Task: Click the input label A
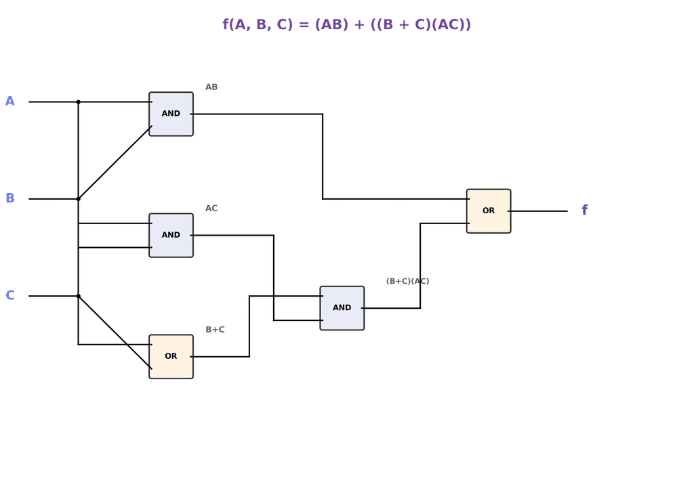pos(10,102)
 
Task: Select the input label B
pos(10,198)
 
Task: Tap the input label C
pos(10,295)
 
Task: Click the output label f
pos(584,211)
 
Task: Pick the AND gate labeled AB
pos(171,114)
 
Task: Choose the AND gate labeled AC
pos(171,235)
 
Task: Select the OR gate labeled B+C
pos(171,356)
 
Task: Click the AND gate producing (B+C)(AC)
pos(342,307)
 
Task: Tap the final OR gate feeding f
pos(488,211)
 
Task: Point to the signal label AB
pos(211,87)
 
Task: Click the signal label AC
pos(211,209)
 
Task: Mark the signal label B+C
pos(215,330)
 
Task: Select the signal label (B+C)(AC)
pos(407,281)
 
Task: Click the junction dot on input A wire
pos(78,102)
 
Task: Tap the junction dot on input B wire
pos(78,198)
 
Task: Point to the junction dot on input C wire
pos(78,295)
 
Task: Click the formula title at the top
pos(346,25)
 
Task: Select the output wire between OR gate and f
pos(538,211)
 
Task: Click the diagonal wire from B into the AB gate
pos(115,163)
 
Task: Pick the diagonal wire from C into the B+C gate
pos(115,332)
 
